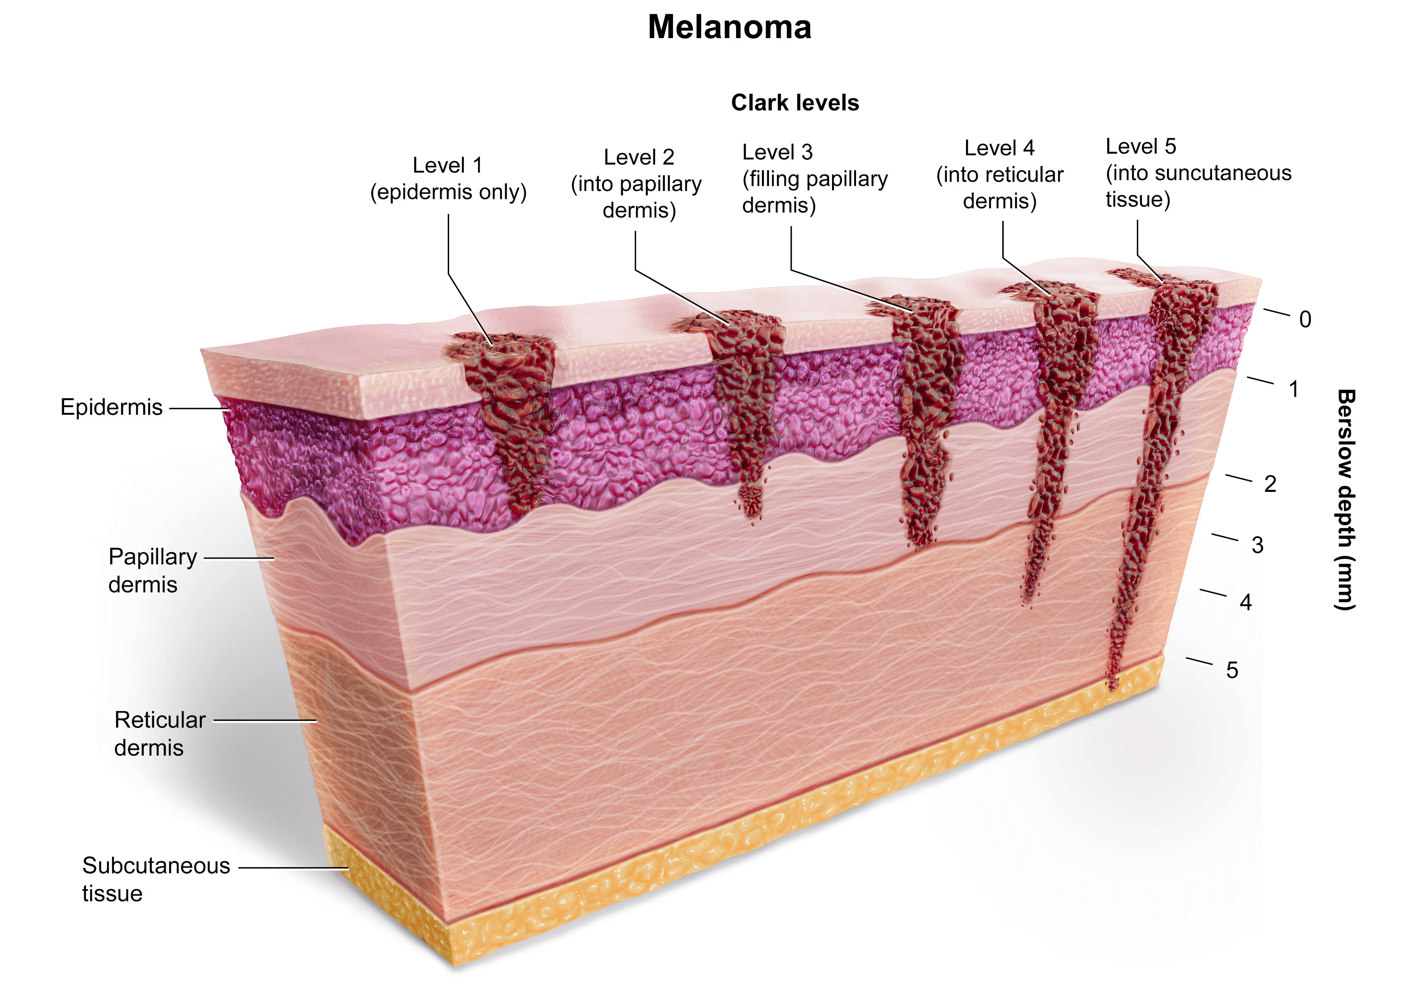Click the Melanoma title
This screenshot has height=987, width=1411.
(729, 28)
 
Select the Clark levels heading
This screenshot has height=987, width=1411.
(794, 103)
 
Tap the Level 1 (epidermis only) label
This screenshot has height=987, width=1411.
(448, 179)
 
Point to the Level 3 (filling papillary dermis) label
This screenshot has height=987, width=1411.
(814, 179)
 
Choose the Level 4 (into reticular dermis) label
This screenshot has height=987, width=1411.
(999, 174)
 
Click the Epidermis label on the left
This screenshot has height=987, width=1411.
(111, 407)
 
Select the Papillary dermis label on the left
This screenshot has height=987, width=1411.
(152, 570)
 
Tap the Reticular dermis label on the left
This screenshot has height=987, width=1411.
(159, 734)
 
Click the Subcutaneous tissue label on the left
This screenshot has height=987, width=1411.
(156, 879)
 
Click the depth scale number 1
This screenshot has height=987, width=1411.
(1293, 389)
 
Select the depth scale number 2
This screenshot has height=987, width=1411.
(1269, 484)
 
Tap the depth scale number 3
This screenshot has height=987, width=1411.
(1257, 545)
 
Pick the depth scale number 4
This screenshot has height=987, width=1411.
(1245, 602)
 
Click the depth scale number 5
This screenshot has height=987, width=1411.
(1231, 671)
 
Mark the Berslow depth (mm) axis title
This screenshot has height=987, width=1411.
(1345, 499)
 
